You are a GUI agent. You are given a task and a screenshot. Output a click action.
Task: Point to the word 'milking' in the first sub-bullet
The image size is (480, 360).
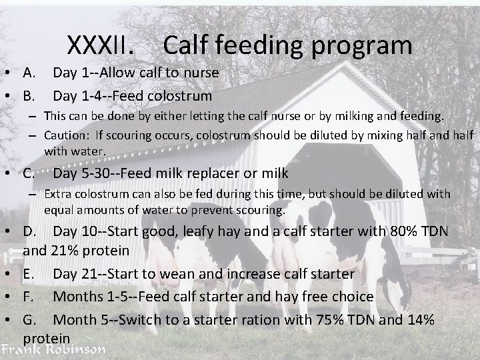pyautogui.click(x=365, y=116)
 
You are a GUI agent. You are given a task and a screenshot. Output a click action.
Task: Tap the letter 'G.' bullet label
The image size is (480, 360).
pyautogui.click(x=31, y=319)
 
